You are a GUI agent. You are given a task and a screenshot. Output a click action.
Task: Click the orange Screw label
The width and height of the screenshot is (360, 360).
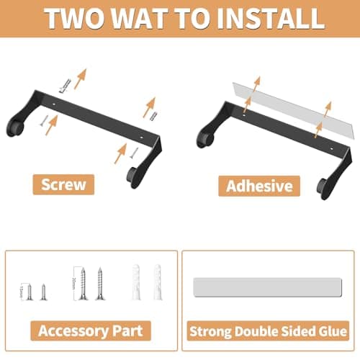[x=64, y=184]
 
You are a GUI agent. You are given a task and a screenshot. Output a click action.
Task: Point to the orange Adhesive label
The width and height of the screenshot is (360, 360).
[x=260, y=186]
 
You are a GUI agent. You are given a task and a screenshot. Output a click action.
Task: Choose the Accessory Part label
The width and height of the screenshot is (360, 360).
[x=91, y=331]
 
